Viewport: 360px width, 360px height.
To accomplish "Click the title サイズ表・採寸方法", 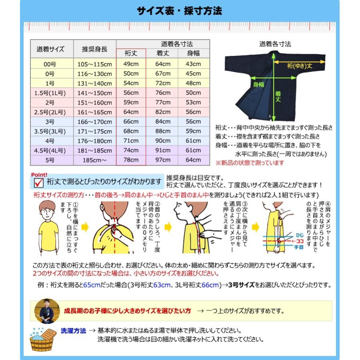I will (179, 11).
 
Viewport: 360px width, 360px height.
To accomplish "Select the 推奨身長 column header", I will (94, 49).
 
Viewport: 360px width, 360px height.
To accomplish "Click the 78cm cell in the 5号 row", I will (131, 160).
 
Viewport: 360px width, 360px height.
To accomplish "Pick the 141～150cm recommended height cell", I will (94, 92).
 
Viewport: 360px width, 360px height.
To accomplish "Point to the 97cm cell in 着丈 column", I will (163, 160).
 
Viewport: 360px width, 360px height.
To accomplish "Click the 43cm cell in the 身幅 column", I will (194, 64).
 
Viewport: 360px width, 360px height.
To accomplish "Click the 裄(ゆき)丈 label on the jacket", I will (295, 66).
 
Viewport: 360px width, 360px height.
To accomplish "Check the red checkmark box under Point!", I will (39, 182).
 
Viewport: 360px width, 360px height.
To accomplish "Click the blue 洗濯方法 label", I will (73, 331).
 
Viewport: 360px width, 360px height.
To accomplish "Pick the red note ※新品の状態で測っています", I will (250, 163).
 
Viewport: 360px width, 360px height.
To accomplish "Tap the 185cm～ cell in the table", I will (94, 160).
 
